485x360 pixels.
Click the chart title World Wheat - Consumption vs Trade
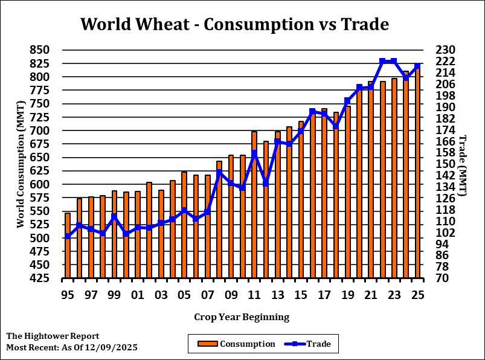tap(234, 25)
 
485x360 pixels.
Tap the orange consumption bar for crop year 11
tap(254, 205)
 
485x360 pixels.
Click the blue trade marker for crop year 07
tap(207, 213)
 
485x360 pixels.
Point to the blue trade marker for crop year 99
tap(114, 216)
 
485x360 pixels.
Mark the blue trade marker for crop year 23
tap(394, 61)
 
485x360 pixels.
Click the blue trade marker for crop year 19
tap(347, 101)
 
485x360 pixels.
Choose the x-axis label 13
tap(277, 295)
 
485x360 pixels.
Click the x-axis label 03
tap(161, 295)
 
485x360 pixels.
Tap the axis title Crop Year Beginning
tap(242, 317)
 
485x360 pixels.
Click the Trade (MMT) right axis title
tap(463, 166)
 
